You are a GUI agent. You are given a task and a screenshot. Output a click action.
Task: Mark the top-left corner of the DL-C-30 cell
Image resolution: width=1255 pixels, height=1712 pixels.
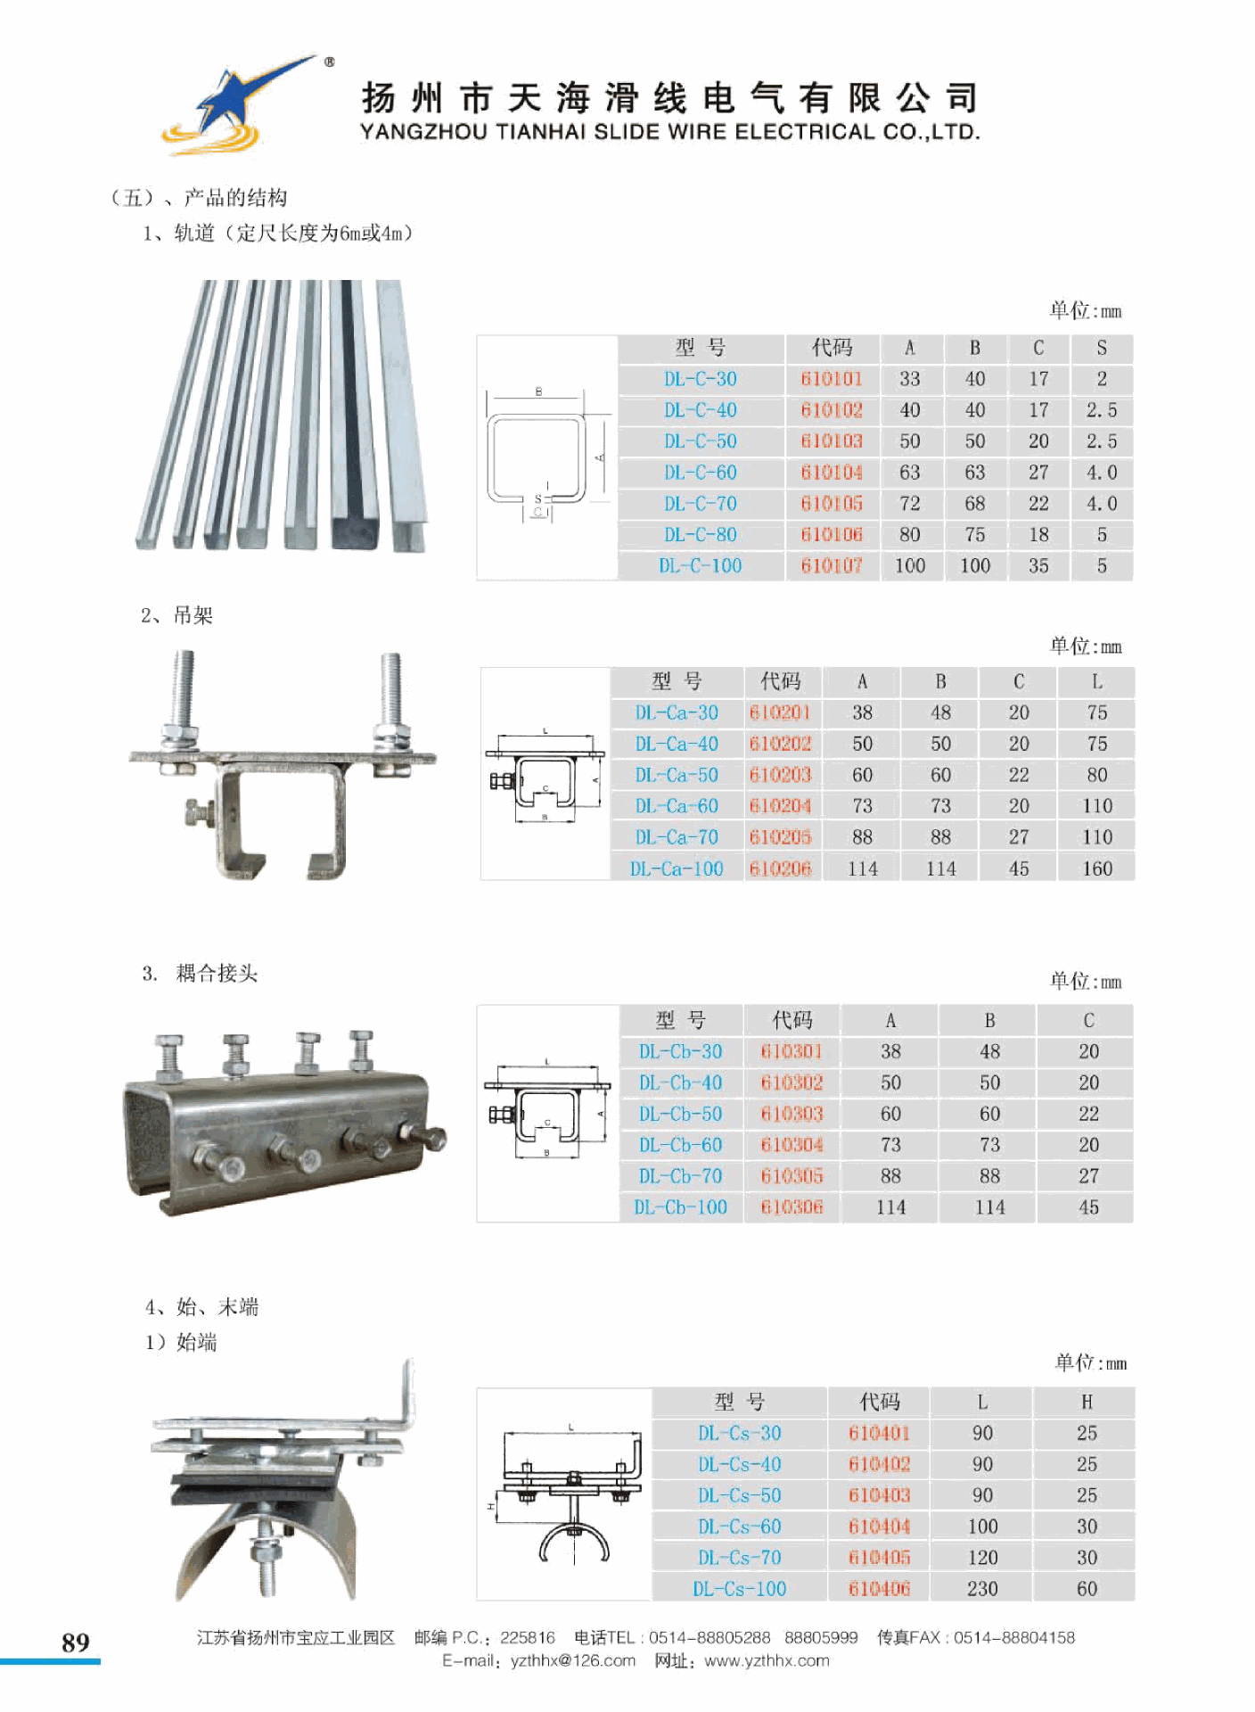pyautogui.click(x=619, y=365)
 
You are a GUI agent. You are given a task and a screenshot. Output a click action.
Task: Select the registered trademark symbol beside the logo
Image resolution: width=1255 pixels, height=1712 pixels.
pyautogui.click(x=329, y=62)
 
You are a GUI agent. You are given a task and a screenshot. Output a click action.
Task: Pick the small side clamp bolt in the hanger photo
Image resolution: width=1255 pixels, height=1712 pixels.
pyautogui.click(x=198, y=812)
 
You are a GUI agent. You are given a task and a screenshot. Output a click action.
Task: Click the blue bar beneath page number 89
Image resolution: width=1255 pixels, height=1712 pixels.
pyautogui.click(x=50, y=1661)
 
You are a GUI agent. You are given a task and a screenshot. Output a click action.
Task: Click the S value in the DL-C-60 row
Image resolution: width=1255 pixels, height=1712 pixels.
pyautogui.click(x=1102, y=473)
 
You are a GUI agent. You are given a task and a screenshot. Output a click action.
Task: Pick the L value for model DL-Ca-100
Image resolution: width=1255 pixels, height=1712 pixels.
pyautogui.click(x=1097, y=868)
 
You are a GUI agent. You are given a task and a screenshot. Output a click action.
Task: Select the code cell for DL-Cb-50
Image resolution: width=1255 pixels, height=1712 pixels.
pyautogui.click(x=792, y=1114)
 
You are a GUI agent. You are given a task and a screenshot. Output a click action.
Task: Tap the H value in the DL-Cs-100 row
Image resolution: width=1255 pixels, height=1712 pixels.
pyautogui.click(x=1087, y=1588)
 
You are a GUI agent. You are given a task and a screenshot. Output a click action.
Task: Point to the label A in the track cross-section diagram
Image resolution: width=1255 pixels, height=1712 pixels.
pyautogui.click(x=601, y=457)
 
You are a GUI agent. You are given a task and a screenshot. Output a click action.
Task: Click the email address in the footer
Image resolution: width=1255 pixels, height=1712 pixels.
pyautogui.click(x=573, y=1660)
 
